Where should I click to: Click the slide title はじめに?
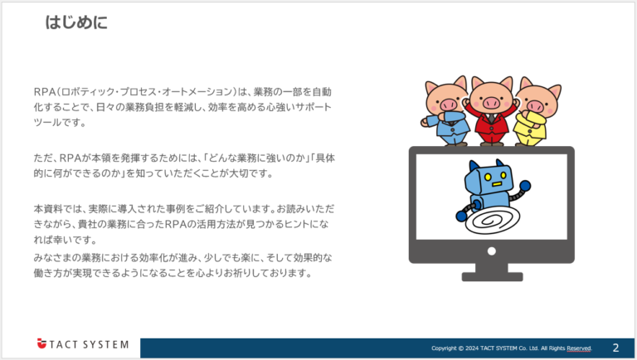tap(76, 22)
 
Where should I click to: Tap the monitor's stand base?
tap(492, 275)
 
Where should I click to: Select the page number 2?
tap(615, 347)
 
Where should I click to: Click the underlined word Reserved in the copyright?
tap(579, 348)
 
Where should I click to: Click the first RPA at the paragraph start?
tap(44, 91)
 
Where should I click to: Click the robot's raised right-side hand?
tap(524, 187)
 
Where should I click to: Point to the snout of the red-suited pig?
tap(489, 103)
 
